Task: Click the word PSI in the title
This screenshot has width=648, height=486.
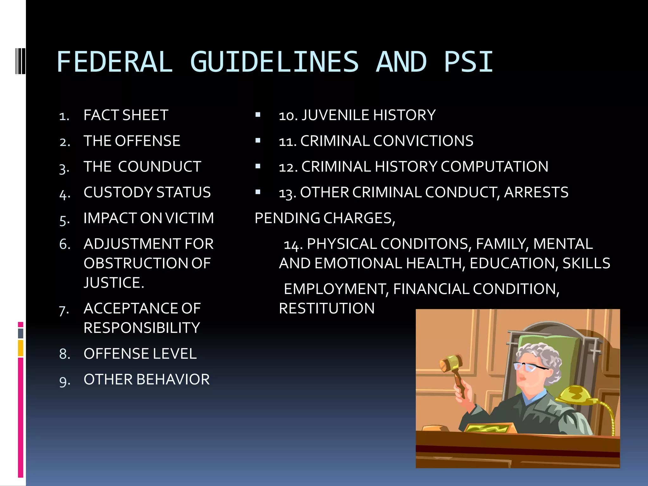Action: click(468, 62)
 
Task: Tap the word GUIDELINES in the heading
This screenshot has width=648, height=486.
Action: click(274, 62)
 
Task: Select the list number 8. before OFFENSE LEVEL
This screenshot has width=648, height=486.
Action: click(65, 354)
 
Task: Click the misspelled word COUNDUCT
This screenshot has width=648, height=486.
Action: click(159, 167)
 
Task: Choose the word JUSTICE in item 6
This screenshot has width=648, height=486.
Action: click(114, 283)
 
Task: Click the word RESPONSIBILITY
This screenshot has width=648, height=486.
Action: click(142, 328)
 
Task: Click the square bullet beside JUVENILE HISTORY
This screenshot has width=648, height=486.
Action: click(258, 115)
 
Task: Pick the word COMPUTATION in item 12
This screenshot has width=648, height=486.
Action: click(494, 167)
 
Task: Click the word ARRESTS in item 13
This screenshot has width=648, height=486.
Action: click(536, 192)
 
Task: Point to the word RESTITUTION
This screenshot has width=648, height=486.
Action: click(327, 308)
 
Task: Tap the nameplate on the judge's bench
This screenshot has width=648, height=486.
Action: click(488, 428)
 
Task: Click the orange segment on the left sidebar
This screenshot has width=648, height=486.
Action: click(21, 348)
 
